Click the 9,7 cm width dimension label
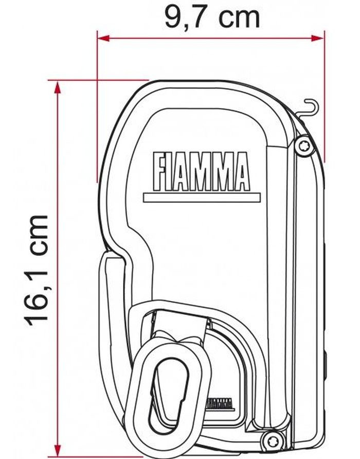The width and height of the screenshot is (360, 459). click(212, 17)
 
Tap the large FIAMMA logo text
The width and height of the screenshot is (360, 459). click(202, 171)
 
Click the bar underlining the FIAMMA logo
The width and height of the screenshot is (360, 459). click(202, 197)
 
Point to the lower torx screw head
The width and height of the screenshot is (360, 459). click(272, 439)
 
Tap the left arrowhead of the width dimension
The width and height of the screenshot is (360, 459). click(103, 38)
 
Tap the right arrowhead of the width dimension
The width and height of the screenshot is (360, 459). click(318, 38)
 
